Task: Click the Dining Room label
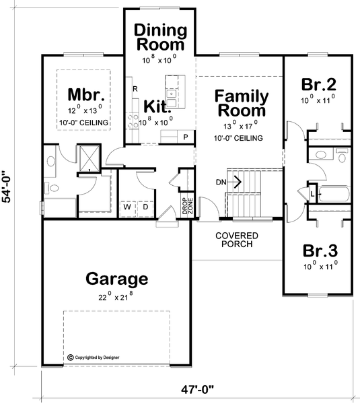coord(160,37)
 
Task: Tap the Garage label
coord(117,279)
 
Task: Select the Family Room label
coord(242,103)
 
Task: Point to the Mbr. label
coord(86,94)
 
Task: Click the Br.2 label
coord(318,84)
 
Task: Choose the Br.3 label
coord(320,250)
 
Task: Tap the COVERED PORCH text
coord(237,240)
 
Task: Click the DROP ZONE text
coord(187,205)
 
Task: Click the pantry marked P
coord(186,137)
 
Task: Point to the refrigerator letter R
coord(135,89)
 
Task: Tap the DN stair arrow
coord(234,182)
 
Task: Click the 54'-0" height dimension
coord(7,187)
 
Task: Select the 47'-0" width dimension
coord(197,390)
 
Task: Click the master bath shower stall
coord(89,158)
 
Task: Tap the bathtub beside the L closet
coord(334,194)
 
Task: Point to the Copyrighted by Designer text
coord(94,358)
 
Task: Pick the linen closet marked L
coord(312,193)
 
